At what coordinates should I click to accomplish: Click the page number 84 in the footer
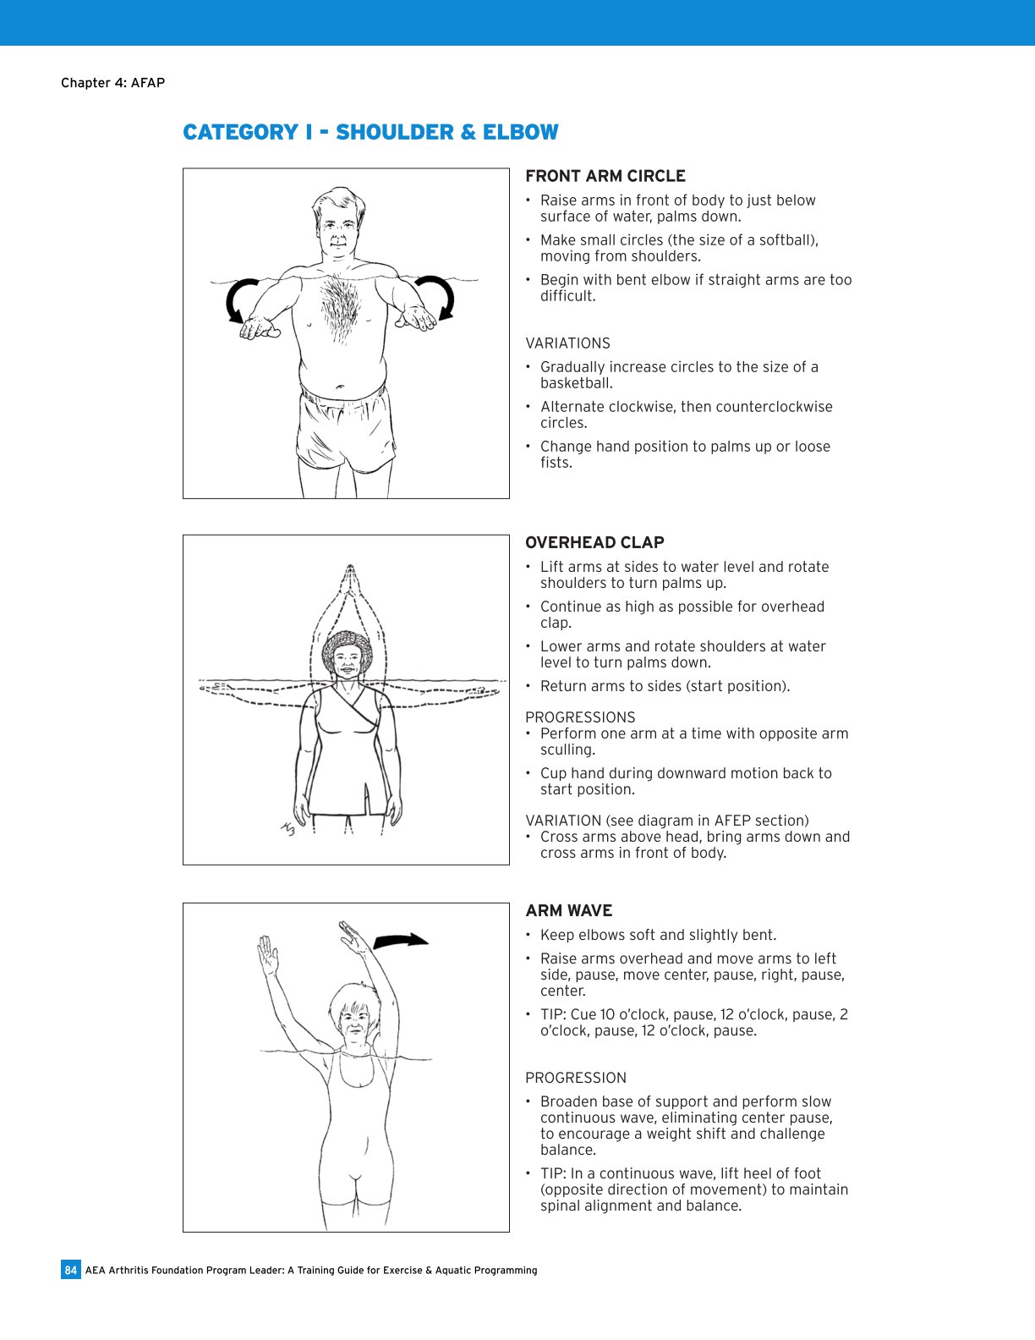70,1270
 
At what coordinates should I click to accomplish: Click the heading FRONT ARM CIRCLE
605,176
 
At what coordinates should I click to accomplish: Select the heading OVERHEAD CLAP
594,542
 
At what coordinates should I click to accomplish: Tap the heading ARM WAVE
568,910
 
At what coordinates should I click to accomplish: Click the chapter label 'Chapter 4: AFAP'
112,83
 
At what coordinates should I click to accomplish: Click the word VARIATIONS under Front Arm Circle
567,343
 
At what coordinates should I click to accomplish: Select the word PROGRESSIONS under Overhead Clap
580,717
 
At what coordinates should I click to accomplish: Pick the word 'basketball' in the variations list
575,383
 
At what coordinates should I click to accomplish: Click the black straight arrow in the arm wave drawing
401,940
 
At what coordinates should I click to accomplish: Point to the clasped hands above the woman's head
349,582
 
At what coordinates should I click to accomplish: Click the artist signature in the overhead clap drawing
288,829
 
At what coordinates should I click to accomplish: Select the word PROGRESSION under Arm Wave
576,1078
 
